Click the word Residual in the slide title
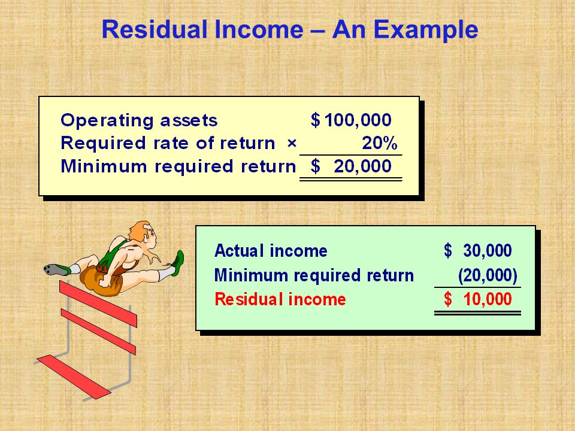(155, 29)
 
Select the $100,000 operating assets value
(351, 120)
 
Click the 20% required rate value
(380, 143)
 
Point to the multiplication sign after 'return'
(292, 143)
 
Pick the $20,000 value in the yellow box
(351, 166)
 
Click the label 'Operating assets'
(139, 120)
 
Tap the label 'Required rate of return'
(168, 143)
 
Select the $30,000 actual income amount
(477, 251)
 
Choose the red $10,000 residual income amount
(477, 299)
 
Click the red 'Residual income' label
(280, 299)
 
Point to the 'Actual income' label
(271, 251)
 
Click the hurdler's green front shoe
(177, 263)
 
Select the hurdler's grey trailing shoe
(57, 270)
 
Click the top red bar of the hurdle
(98, 304)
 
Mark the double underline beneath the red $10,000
(477, 313)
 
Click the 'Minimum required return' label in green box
(314, 275)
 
